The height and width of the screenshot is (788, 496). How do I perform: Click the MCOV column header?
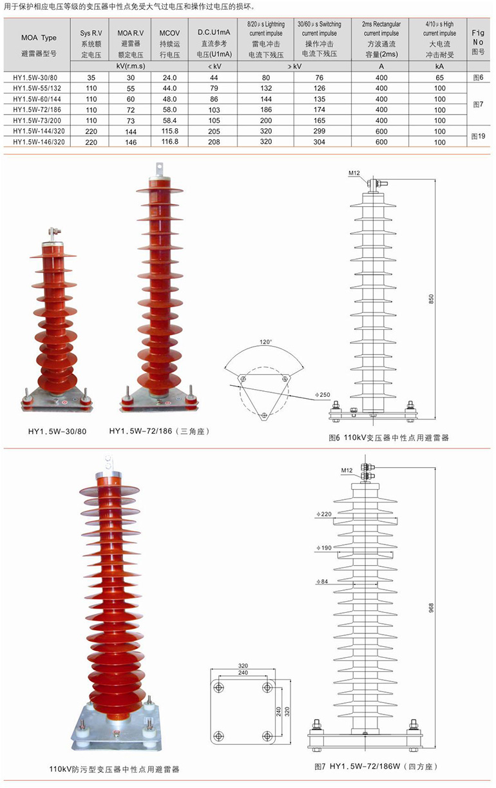[169, 44]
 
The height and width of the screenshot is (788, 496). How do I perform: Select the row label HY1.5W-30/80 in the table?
[35, 78]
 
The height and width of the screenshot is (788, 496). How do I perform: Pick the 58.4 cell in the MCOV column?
[169, 120]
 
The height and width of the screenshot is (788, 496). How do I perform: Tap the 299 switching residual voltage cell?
[319, 131]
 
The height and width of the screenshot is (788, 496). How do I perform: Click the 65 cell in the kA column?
[439, 78]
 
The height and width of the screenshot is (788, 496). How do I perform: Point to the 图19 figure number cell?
[478, 136]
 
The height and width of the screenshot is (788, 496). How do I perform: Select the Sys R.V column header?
[91, 44]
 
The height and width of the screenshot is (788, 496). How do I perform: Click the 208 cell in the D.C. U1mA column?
[214, 142]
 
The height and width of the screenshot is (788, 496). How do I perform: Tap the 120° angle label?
[265, 342]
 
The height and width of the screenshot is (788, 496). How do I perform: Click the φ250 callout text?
[323, 395]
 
